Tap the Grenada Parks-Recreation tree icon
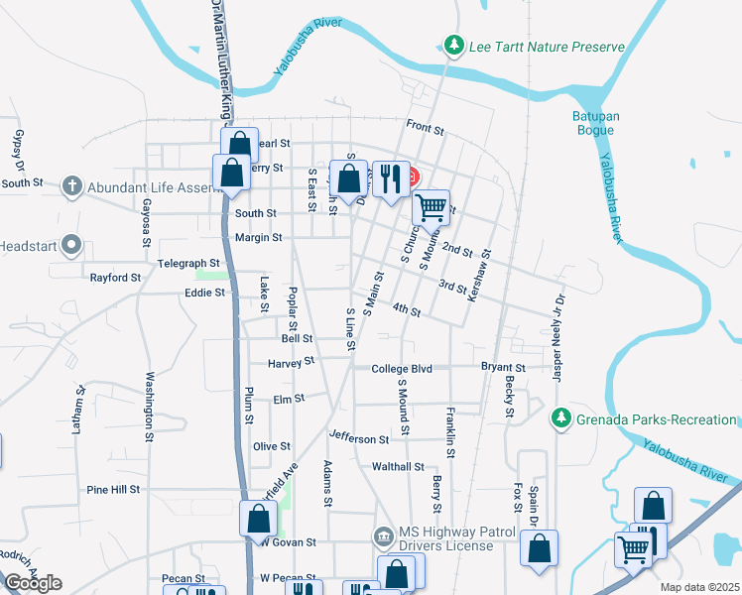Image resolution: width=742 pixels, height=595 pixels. [561, 419]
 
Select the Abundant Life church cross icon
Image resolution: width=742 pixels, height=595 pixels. [70, 185]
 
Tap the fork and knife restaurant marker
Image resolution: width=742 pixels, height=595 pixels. [391, 179]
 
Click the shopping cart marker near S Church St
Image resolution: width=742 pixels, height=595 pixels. [431, 208]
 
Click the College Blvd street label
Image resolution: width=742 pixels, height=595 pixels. [402, 369]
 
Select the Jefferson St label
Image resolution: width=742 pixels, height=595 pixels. [359, 438]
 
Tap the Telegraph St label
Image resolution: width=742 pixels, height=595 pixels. [187, 263]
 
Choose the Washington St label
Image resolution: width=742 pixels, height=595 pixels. [150, 406]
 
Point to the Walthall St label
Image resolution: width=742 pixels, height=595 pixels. [398, 466]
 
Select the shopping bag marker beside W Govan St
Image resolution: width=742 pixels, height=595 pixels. [258, 519]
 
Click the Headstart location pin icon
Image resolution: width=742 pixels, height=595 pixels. [70, 244]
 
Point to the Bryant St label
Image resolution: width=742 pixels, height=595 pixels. [502, 368]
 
